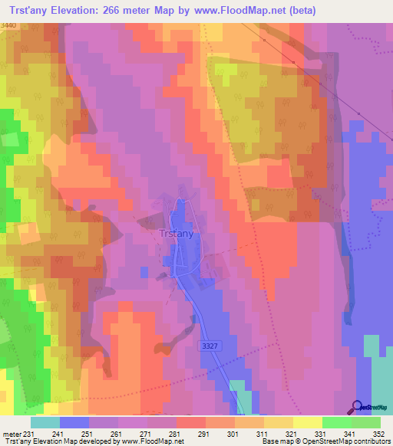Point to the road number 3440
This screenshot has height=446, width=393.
(8, 27)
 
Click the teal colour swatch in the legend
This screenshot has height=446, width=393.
(45, 422)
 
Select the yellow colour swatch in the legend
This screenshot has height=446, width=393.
(308, 422)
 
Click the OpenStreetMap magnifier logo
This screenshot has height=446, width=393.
(357, 407)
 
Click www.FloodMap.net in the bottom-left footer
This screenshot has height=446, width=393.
(153, 441)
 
